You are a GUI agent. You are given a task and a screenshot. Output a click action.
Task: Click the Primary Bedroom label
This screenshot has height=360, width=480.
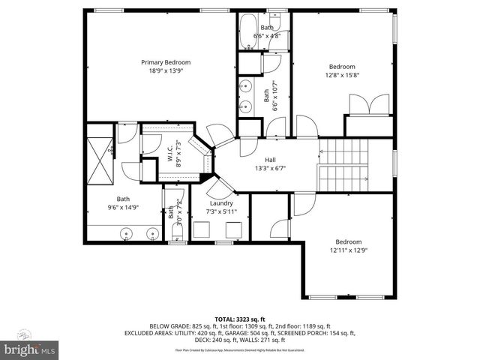click(x=166, y=62)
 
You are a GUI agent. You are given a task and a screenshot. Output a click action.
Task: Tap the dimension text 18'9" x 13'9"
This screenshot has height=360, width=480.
click(x=166, y=70)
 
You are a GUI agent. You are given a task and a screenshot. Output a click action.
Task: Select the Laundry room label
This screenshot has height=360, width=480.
click(x=220, y=203)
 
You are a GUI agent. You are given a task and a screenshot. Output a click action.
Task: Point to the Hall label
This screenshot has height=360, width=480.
click(x=270, y=160)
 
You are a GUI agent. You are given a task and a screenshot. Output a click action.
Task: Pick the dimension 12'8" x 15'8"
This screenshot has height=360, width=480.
click(x=342, y=74)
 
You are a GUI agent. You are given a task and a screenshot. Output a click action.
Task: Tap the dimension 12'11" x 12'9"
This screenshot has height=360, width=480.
click(x=347, y=250)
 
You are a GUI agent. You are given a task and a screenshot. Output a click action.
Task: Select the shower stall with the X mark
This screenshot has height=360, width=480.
click(x=99, y=160)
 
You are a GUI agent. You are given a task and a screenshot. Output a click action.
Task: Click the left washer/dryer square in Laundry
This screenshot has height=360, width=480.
click(x=201, y=230)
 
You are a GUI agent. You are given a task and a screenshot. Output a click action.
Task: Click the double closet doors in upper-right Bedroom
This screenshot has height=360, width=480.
click(x=375, y=104)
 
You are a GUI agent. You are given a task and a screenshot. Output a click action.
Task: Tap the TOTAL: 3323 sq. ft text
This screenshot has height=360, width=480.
click(x=239, y=318)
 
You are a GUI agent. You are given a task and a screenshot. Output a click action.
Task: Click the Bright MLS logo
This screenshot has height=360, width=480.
click(x=29, y=349)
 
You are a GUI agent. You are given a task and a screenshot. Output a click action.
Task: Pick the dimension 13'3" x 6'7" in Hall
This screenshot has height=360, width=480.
click(x=270, y=168)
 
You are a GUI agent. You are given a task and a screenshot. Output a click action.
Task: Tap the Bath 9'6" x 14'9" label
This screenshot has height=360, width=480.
click(x=122, y=202)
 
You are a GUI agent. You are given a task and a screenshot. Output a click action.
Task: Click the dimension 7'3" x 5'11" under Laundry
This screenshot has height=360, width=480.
click(x=220, y=211)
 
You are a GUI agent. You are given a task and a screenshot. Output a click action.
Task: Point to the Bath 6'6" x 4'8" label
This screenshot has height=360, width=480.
click(x=267, y=31)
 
